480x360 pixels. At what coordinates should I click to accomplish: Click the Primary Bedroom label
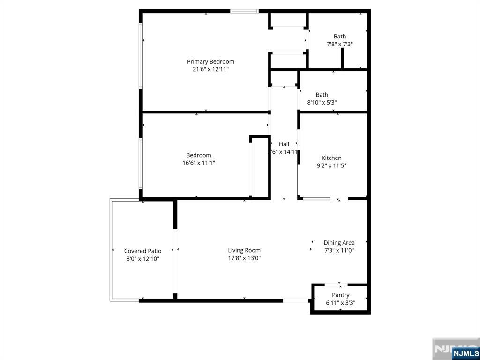(x=210, y=62)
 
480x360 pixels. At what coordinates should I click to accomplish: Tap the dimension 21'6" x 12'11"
(x=210, y=69)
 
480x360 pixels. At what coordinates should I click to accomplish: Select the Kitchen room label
(x=331, y=158)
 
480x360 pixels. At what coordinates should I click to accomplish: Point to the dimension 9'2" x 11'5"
(x=331, y=165)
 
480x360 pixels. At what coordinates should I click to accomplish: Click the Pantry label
(x=341, y=295)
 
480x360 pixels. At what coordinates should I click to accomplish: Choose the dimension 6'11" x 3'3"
(x=341, y=303)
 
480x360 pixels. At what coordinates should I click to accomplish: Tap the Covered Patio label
(x=142, y=251)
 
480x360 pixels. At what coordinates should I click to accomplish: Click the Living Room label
(x=244, y=250)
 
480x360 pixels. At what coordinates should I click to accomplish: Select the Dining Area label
(x=339, y=243)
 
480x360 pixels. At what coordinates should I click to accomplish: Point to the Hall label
(x=284, y=144)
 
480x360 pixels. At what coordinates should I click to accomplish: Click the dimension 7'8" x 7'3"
(x=340, y=44)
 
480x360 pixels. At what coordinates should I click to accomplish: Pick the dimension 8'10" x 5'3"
(x=322, y=102)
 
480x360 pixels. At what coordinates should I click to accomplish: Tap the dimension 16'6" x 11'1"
(x=199, y=163)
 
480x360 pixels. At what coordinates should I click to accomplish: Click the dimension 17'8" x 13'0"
(x=244, y=258)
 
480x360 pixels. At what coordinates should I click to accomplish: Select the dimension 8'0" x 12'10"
(x=142, y=259)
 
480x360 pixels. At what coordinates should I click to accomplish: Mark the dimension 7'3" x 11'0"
(x=339, y=250)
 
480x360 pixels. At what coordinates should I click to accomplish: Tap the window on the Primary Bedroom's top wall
(x=244, y=11)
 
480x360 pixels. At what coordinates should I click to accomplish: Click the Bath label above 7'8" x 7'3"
(x=340, y=37)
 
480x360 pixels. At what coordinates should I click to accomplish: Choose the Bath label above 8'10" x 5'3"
(x=322, y=95)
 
